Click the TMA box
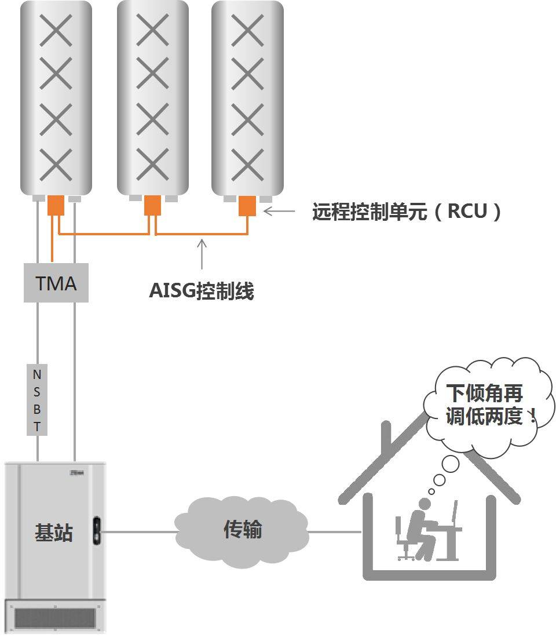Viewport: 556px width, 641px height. (56, 283)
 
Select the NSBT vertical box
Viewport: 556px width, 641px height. (37, 400)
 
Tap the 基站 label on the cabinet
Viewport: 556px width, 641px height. (54, 533)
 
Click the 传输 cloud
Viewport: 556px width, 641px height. (243, 530)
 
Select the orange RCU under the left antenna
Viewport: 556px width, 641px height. (56, 205)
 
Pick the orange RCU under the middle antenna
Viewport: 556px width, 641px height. (152, 205)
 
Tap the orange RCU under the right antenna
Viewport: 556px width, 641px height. (247, 205)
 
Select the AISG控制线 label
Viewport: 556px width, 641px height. (202, 290)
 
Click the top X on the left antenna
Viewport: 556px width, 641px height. (56, 31)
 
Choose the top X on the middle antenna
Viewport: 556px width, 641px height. (152, 31)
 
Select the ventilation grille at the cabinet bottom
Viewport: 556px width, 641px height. (53, 618)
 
